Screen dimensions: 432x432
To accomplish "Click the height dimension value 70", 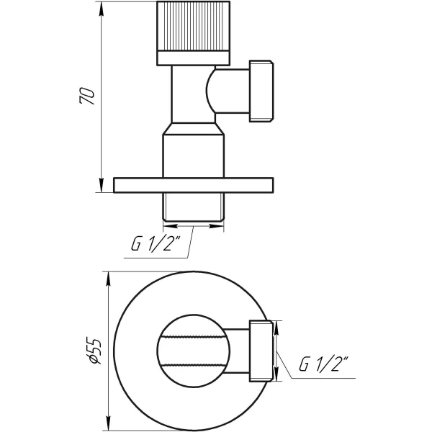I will (x=87, y=96).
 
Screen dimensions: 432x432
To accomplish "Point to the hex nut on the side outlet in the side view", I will (x=263, y=91).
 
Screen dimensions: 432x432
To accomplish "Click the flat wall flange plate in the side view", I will (x=194, y=185).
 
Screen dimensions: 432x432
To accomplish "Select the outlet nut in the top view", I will (x=261, y=349).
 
